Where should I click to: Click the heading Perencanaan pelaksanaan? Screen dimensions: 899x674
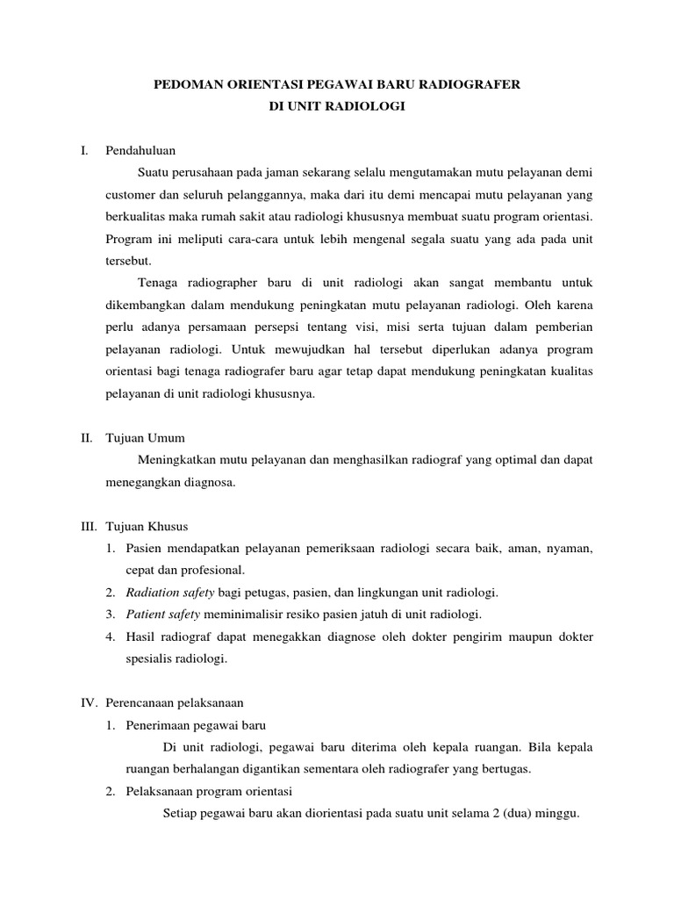(174, 703)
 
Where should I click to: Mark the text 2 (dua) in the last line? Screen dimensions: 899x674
(507, 814)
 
